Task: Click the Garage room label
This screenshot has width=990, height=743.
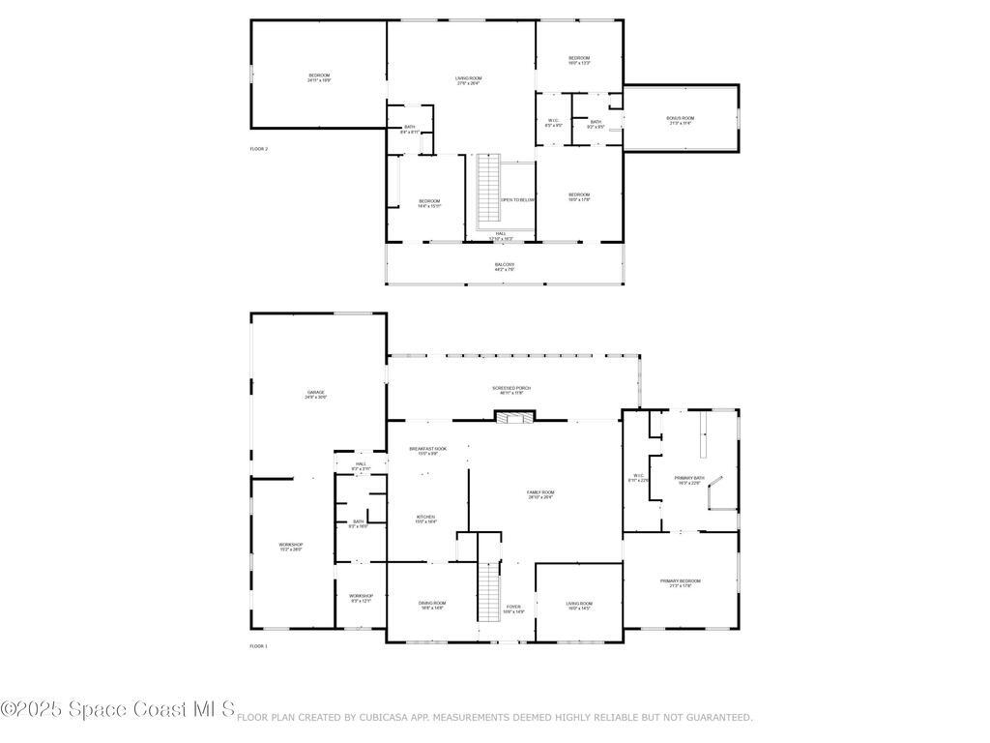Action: pos(316,394)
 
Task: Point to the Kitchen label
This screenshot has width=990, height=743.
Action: pos(425,519)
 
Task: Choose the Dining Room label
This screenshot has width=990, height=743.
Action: pos(431,605)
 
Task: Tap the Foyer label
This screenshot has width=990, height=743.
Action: pos(513,609)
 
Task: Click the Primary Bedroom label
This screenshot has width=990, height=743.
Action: pos(681,582)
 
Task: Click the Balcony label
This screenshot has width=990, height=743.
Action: pos(505,266)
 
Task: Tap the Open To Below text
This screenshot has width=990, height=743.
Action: pos(517,199)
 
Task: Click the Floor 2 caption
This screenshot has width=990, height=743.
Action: pos(259,149)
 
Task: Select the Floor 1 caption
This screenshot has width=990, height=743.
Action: pos(259,645)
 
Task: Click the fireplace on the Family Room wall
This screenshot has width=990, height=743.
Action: pos(513,417)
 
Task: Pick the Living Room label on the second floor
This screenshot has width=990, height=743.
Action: pos(469,80)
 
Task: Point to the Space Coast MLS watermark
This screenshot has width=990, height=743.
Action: pos(118,710)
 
